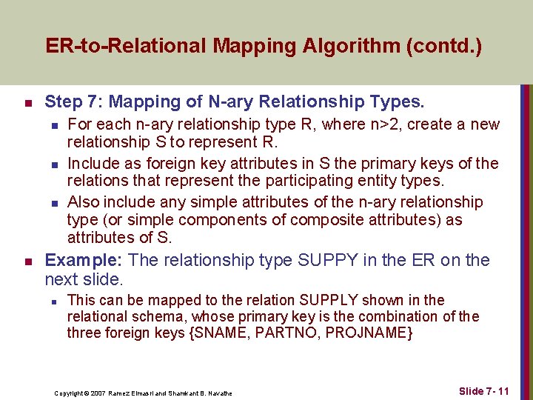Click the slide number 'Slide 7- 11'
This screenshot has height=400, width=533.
(484, 390)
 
